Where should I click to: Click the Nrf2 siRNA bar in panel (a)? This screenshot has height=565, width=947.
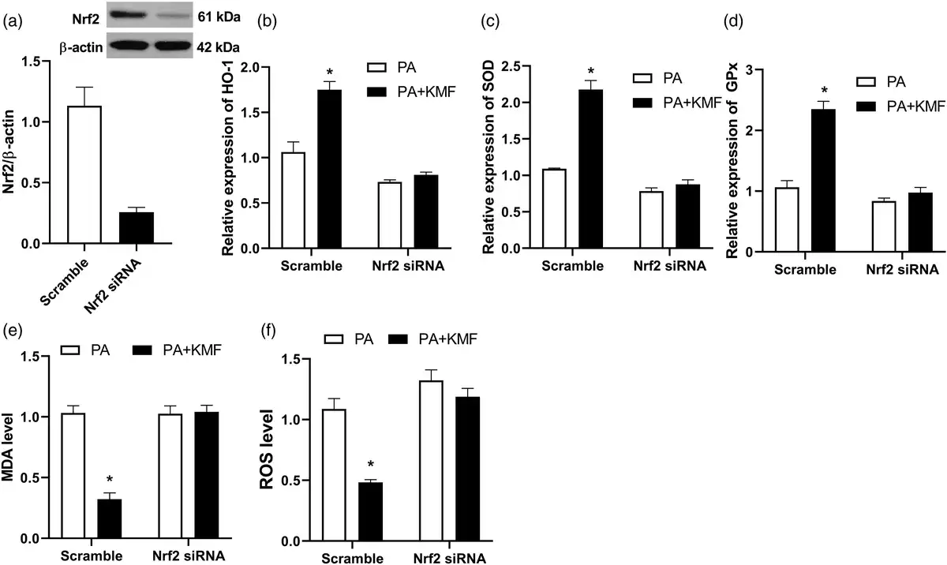tap(137, 228)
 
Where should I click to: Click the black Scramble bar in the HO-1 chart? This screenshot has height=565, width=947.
tap(329, 169)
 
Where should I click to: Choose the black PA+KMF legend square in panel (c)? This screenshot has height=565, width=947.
tap(642, 100)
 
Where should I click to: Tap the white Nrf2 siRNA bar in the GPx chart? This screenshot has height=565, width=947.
tap(882, 226)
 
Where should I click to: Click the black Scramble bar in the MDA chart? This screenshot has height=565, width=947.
tap(109, 519)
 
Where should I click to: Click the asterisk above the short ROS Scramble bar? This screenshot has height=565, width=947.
tap(371, 465)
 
